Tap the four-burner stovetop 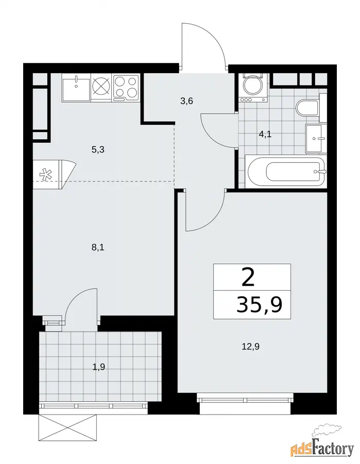(x=126, y=88)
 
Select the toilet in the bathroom (x=307, y=109)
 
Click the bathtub (x=285, y=172)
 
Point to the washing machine (x=253, y=88)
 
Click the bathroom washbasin (x=316, y=139)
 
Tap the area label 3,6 (x=186, y=101)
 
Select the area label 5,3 (x=98, y=150)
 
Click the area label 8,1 (x=98, y=247)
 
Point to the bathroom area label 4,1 (x=265, y=135)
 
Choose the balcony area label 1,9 (x=99, y=367)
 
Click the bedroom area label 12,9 (x=251, y=346)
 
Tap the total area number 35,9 (x=259, y=305)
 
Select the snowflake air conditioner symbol (x=45, y=175)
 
